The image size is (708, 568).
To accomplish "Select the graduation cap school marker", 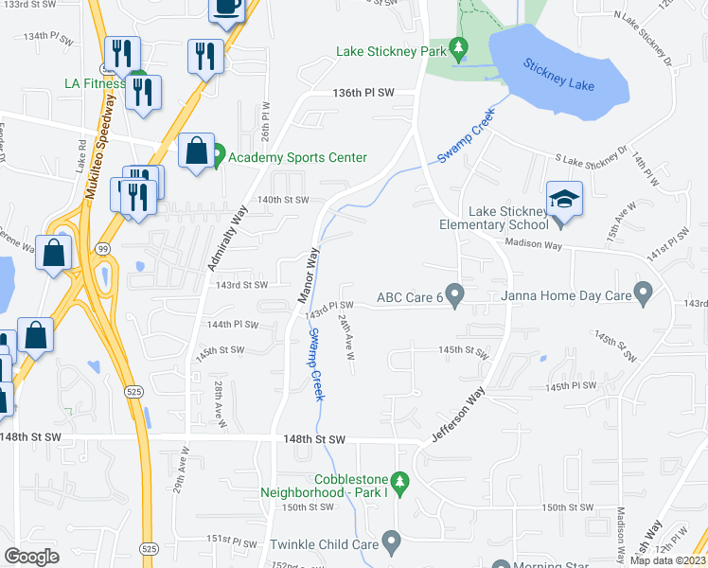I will [564, 198].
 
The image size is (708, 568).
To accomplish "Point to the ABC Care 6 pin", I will [454, 296].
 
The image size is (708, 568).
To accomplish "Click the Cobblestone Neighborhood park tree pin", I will [399, 484].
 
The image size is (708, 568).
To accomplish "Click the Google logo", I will [31, 557].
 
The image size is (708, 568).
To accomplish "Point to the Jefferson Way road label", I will [459, 414].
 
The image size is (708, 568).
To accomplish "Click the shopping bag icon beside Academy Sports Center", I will [195, 151].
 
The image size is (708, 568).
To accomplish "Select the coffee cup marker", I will [227, 8].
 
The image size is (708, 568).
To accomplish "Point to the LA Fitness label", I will [95, 83].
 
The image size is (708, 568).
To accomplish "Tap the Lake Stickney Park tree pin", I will [459, 46].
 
